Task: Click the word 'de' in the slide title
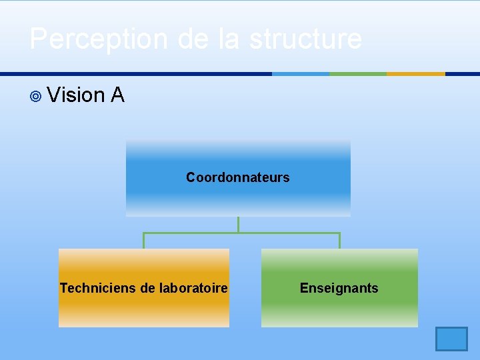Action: coord(195,39)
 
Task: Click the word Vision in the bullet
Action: coord(76,95)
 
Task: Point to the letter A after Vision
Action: coord(118,95)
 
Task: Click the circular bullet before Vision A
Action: coord(36,97)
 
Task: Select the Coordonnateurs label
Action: coord(238,177)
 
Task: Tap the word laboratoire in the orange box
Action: coord(193,288)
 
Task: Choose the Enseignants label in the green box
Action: coord(339,288)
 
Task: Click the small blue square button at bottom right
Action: coord(451,339)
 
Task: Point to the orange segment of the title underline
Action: coord(416,74)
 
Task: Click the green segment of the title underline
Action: coord(358,74)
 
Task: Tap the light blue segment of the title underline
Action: coord(301,74)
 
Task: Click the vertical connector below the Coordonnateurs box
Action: coord(238,224)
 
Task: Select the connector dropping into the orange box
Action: coord(143,241)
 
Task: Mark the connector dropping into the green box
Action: coord(339,241)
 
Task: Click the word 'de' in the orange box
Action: coord(148,288)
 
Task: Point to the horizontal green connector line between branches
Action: coord(287,233)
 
